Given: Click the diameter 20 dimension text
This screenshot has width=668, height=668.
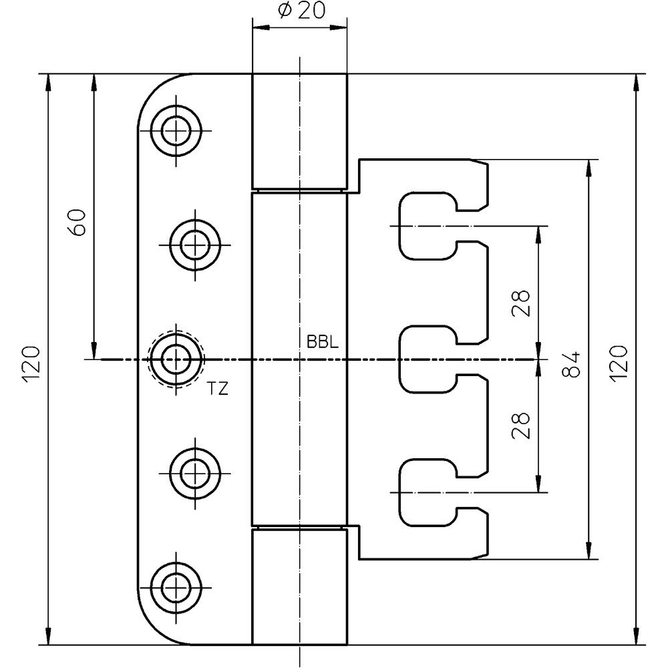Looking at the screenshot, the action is click(x=301, y=11).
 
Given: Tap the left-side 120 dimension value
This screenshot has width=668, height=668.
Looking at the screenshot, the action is click(x=32, y=364).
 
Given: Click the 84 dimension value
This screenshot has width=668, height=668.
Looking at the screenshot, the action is click(x=571, y=364).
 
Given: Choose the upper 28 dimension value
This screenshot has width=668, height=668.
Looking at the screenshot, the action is click(x=520, y=303).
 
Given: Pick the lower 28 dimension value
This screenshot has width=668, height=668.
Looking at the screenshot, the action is click(x=520, y=425).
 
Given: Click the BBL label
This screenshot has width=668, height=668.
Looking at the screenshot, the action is click(x=323, y=343).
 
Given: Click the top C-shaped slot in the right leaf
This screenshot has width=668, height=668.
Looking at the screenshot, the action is click(x=399, y=226).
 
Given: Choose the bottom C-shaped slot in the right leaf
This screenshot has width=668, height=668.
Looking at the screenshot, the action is click(x=399, y=492).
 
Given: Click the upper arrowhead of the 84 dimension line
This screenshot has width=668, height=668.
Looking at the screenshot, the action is click(x=590, y=168).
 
